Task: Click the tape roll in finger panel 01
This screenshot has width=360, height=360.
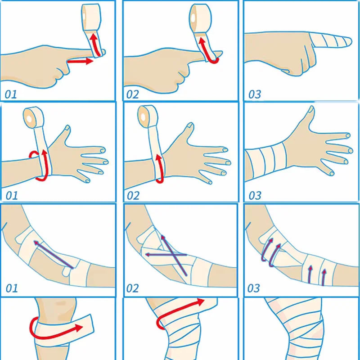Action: [91, 17]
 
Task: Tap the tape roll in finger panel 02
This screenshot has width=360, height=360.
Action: [200, 18]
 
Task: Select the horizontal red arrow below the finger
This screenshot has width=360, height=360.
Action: [80, 61]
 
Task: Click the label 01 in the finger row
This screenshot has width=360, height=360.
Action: [11, 94]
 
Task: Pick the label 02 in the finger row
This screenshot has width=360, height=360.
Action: [132, 94]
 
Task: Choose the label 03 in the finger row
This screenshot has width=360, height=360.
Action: [255, 94]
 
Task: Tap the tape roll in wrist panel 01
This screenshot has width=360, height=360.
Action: [33, 117]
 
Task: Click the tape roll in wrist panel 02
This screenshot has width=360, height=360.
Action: [148, 117]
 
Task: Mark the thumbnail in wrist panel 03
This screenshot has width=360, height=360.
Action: [311, 109]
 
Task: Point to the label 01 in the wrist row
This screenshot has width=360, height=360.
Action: [12, 196]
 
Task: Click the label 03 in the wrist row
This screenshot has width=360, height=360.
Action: [255, 196]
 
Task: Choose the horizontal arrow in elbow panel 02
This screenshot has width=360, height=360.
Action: [166, 255]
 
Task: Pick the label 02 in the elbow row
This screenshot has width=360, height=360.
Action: [132, 288]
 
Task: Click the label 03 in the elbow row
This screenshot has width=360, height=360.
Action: [253, 288]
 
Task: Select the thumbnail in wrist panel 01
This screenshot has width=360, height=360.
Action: [67, 128]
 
